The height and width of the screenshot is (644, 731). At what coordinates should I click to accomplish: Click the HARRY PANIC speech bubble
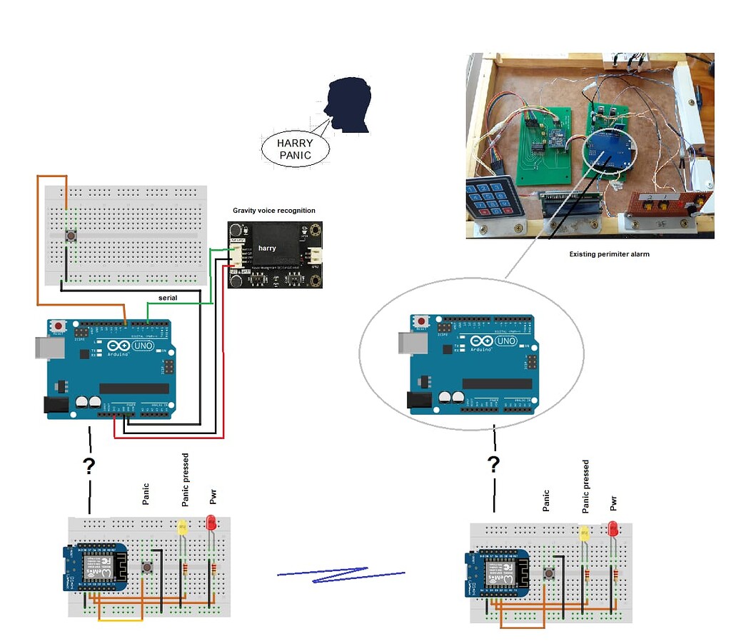[x=295, y=149]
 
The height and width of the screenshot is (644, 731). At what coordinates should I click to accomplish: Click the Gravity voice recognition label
[x=273, y=211]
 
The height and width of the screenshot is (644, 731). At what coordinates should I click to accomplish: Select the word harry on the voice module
[x=267, y=248]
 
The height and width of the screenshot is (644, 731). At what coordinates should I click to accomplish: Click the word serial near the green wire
[x=168, y=297]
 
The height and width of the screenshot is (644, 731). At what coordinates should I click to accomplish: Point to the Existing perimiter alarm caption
[x=609, y=253]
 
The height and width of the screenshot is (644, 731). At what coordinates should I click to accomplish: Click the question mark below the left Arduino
[x=89, y=466]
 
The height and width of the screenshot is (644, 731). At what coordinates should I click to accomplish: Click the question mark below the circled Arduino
[x=493, y=465]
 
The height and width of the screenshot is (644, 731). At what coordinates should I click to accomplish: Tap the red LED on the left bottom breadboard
[x=211, y=523]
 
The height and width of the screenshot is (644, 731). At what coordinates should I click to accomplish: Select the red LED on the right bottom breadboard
[x=612, y=529]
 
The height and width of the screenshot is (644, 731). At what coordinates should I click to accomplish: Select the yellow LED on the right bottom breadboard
[x=584, y=533]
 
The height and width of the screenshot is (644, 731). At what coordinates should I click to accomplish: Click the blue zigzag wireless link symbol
[x=341, y=575]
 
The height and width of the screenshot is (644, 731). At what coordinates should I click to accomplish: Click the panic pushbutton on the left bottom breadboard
[x=147, y=567]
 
